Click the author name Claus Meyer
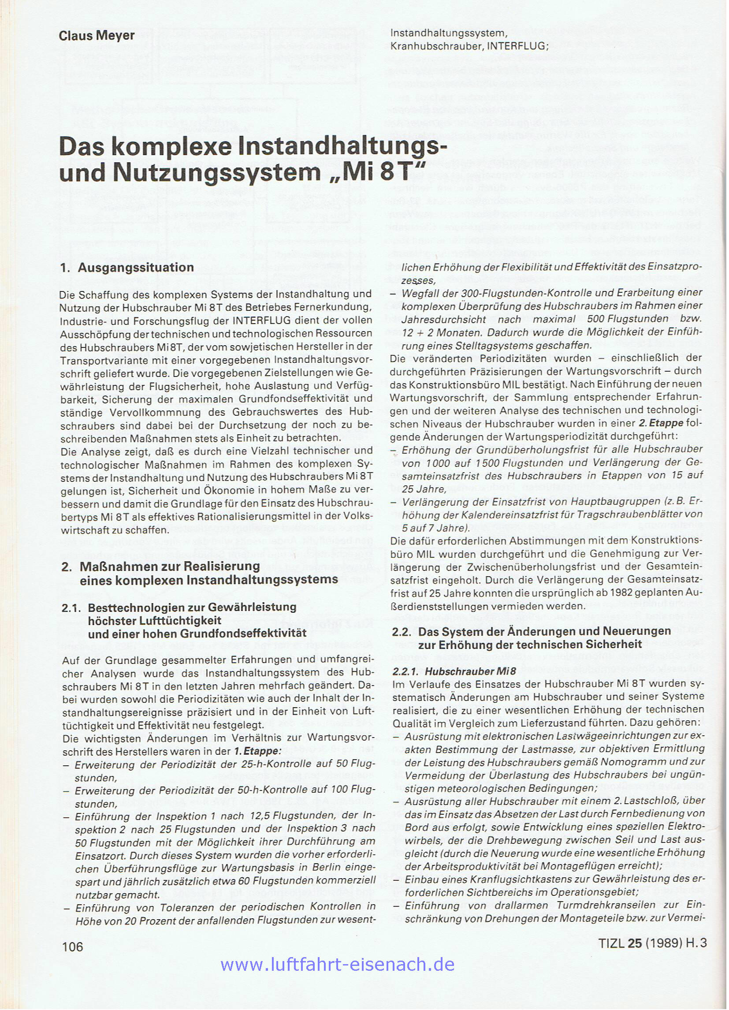pos(97,35)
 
